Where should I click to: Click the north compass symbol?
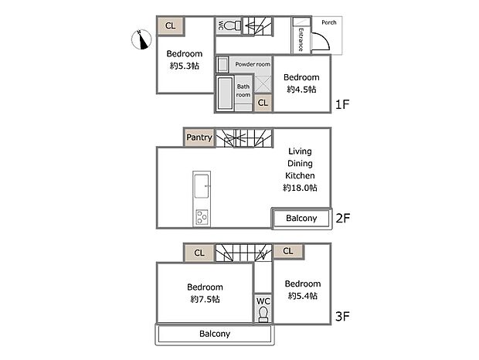pos(141,39)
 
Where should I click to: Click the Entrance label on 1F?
pos(301,39)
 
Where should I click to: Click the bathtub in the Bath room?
pos(225,93)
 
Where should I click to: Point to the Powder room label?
pos(253,64)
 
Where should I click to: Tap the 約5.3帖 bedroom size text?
pos(184,66)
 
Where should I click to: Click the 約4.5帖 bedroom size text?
pos(301,90)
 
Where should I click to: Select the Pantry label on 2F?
pos(199,138)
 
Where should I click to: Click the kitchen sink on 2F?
pos(202,186)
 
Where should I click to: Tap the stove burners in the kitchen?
pos(202,217)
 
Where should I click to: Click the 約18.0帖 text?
pos(300,188)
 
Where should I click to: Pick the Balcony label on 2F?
pos(301,219)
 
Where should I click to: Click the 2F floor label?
pos(343,219)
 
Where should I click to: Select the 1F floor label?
pos(343,103)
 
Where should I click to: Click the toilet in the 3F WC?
pos(263,314)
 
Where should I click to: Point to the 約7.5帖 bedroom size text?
pos(205,299)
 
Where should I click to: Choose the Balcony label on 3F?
pos(215,335)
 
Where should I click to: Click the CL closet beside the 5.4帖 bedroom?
pos(287,251)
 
